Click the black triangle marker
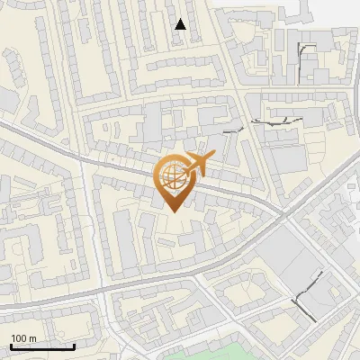point(180,24)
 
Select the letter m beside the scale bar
point(31,337)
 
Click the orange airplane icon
point(197,164)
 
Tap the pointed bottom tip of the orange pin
point(171,212)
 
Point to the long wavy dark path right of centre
point(274,120)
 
